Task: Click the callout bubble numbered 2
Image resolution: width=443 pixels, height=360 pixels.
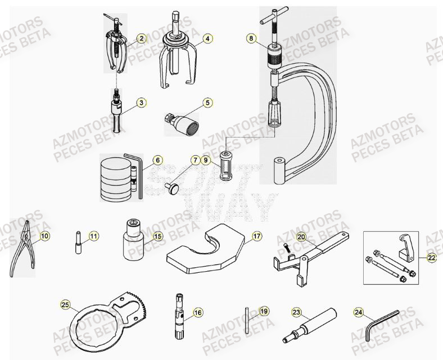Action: tap(141, 39)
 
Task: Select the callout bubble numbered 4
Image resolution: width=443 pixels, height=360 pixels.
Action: tap(207, 39)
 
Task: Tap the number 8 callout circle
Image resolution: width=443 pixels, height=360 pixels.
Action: tap(251, 39)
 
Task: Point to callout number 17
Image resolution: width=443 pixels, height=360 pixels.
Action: tap(256, 237)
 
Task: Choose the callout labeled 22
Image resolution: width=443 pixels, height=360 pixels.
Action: tap(431, 258)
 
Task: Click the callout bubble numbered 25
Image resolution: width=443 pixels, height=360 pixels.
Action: tap(65, 305)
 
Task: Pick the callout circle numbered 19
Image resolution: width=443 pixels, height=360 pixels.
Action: tap(264, 311)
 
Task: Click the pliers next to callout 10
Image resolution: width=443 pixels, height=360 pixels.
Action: tap(21, 247)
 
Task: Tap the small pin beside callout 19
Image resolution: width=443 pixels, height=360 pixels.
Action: tap(247, 319)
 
